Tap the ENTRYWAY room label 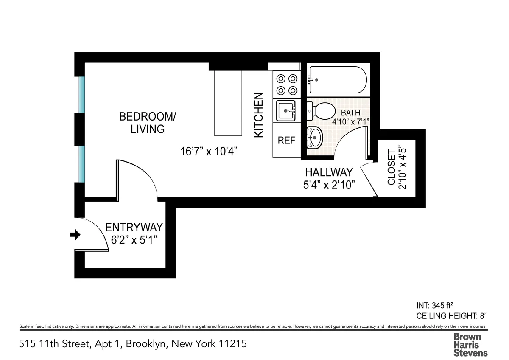coord(134,227)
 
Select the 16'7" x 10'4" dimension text coord(208,151)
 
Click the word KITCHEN coord(259,115)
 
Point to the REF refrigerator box coord(286,140)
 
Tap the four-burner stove coord(286,84)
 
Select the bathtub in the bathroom coord(337,80)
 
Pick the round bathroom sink coord(314,138)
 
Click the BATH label coord(350,113)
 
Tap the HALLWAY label coord(329,172)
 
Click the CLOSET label coord(391,167)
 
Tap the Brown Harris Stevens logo coord(470,344)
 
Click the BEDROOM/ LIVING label coord(147,122)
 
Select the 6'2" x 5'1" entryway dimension coord(134,240)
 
